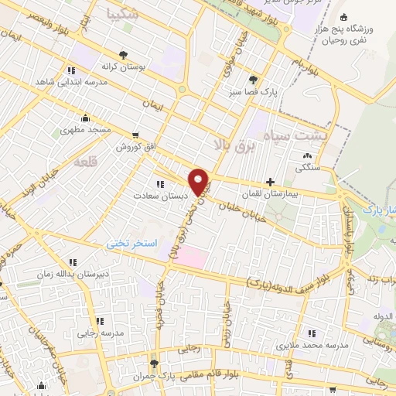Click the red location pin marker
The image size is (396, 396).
[199, 180]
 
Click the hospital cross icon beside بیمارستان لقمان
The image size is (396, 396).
[269, 181]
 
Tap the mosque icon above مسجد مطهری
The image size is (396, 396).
[85, 118]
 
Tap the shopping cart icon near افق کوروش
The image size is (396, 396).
[136, 135]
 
